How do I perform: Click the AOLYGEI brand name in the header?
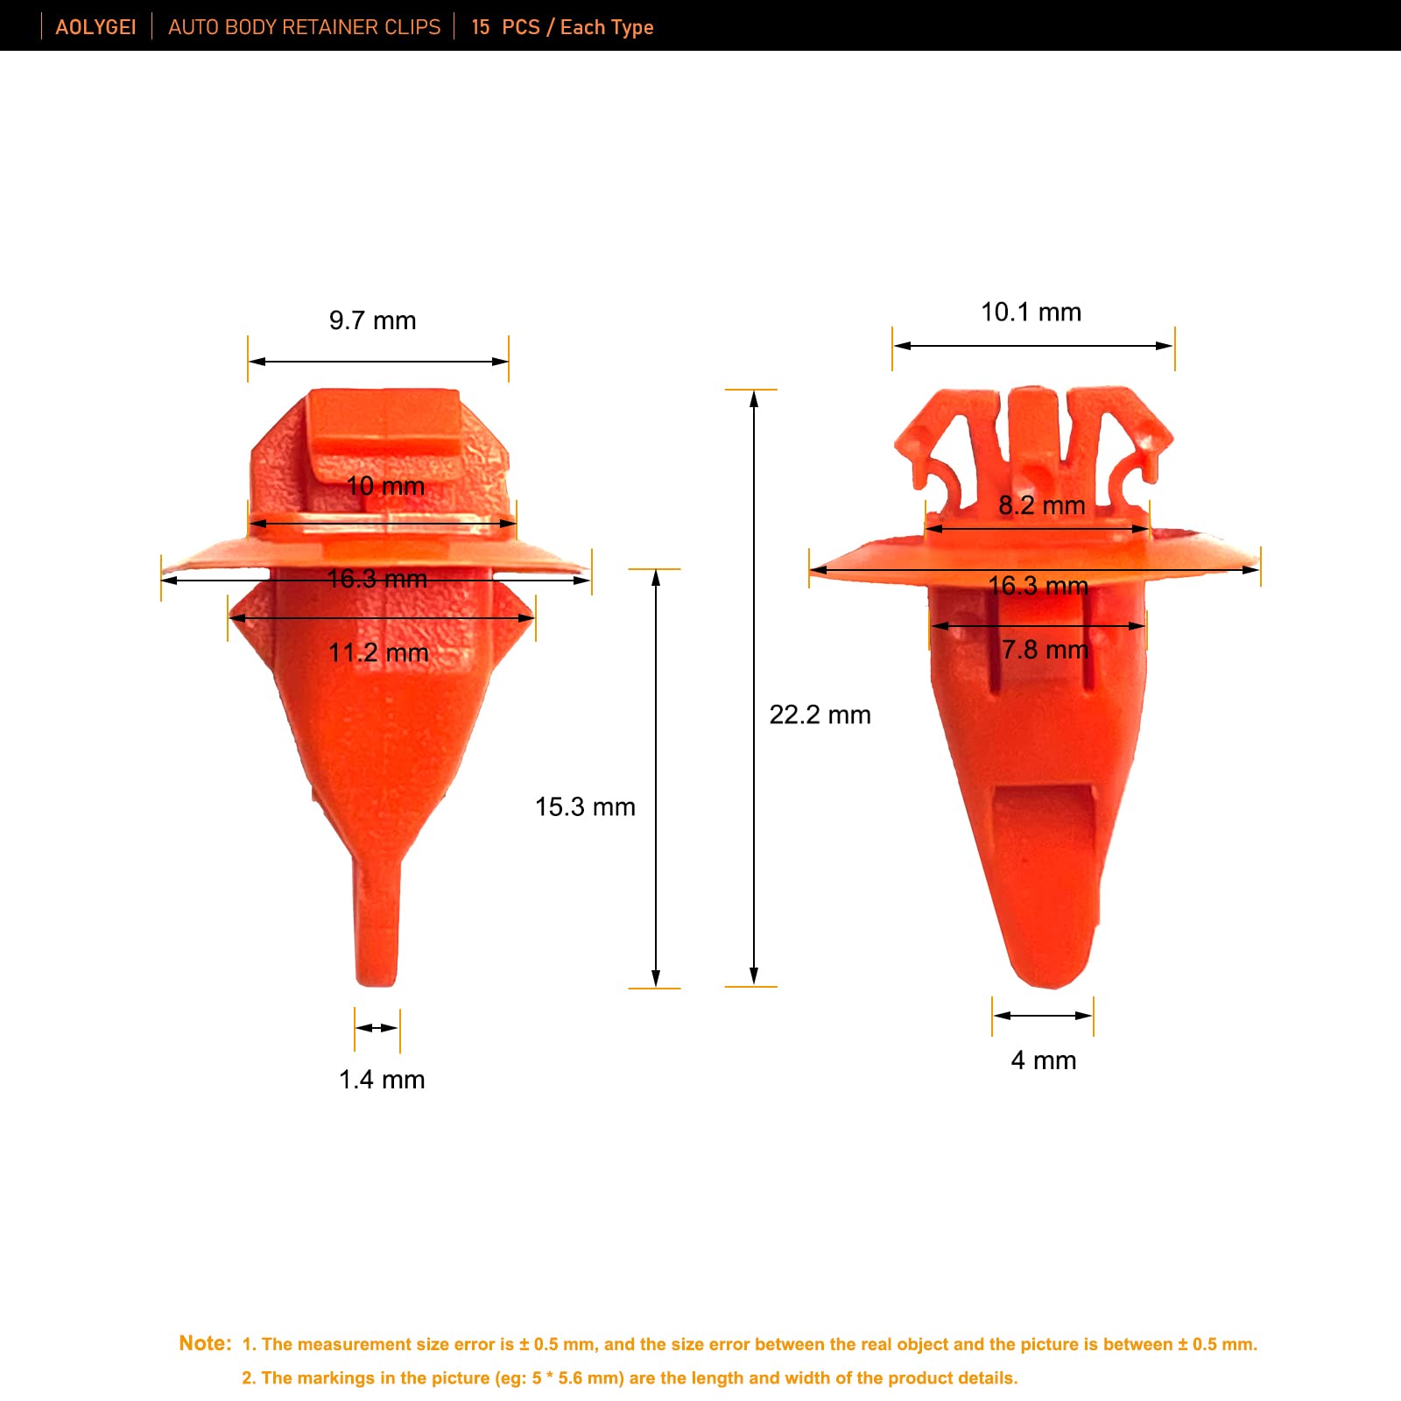pos(95,27)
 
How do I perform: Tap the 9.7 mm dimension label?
pos(373,320)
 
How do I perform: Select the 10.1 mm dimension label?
pos(1031,312)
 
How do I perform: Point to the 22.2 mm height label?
pos(820,715)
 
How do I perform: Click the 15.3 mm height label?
pos(585,806)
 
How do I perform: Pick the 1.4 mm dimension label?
pos(382,1080)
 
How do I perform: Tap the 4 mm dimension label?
pos(1044,1060)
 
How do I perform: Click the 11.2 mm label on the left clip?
pos(378,652)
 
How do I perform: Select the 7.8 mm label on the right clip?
pos(1045,650)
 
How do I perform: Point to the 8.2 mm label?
pos(1042,505)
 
